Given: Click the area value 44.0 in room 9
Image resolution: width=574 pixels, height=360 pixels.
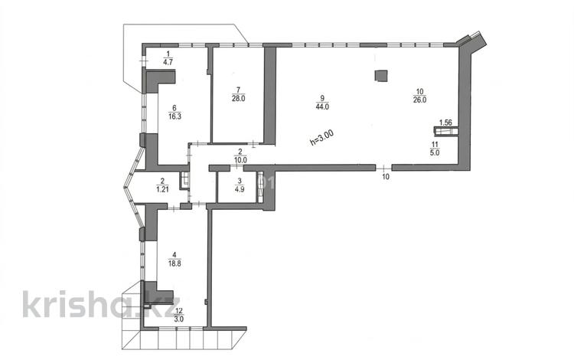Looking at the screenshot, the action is [322, 106].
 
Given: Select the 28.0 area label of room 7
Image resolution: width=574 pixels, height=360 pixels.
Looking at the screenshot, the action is [238, 99].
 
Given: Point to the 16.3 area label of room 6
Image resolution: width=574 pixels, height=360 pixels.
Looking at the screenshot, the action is [174, 117].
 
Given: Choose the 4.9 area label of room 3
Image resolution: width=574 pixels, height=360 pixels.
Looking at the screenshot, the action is [240, 190].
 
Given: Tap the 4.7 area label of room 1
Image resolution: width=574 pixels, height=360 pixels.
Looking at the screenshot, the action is [168, 62].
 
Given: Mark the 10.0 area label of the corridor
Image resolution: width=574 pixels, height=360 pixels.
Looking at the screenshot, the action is [240, 160].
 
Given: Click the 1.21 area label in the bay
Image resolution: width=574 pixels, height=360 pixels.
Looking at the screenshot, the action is [162, 190].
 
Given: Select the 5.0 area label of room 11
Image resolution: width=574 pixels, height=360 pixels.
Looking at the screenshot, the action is [435, 153].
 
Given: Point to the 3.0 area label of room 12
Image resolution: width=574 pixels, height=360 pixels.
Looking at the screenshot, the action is [179, 319].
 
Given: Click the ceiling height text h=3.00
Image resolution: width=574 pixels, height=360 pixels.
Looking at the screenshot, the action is [321, 139].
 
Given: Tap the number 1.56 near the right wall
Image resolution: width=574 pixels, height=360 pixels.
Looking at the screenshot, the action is [445, 123].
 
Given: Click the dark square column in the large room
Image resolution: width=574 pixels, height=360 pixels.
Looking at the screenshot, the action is [381, 76].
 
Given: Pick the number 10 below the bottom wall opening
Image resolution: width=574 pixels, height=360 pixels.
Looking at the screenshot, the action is [386, 177].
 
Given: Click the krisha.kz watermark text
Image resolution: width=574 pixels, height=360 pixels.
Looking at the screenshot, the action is [101, 303].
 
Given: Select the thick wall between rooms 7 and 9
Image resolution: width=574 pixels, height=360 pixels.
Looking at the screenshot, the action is [269, 94].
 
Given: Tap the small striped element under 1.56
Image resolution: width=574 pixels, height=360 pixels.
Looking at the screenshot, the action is [446, 131].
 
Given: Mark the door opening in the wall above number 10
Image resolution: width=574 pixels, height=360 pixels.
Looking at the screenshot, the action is [384, 168].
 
